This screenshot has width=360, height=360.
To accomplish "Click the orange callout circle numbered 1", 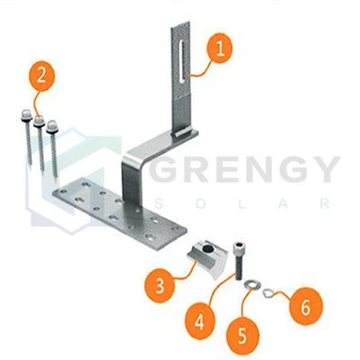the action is click(x=219, y=49).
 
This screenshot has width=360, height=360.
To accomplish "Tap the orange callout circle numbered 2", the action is click(x=41, y=76).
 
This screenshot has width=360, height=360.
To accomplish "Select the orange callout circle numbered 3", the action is click(x=159, y=284).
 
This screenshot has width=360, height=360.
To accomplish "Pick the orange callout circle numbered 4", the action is click(x=200, y=322).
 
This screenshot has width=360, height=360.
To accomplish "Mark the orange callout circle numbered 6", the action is click(x=306, y=307).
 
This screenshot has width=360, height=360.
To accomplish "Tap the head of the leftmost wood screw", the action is click(x=25, y=114).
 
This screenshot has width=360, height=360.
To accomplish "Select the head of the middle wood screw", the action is click(x=38, y=121).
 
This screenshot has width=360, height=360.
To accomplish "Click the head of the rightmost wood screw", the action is click(x=52, y=127).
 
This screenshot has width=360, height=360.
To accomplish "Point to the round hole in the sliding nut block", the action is click(x=207, y=248).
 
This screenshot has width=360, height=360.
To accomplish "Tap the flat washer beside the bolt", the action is click(x=251, y=285).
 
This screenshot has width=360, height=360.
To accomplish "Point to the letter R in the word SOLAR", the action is click(x=325, y=203).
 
